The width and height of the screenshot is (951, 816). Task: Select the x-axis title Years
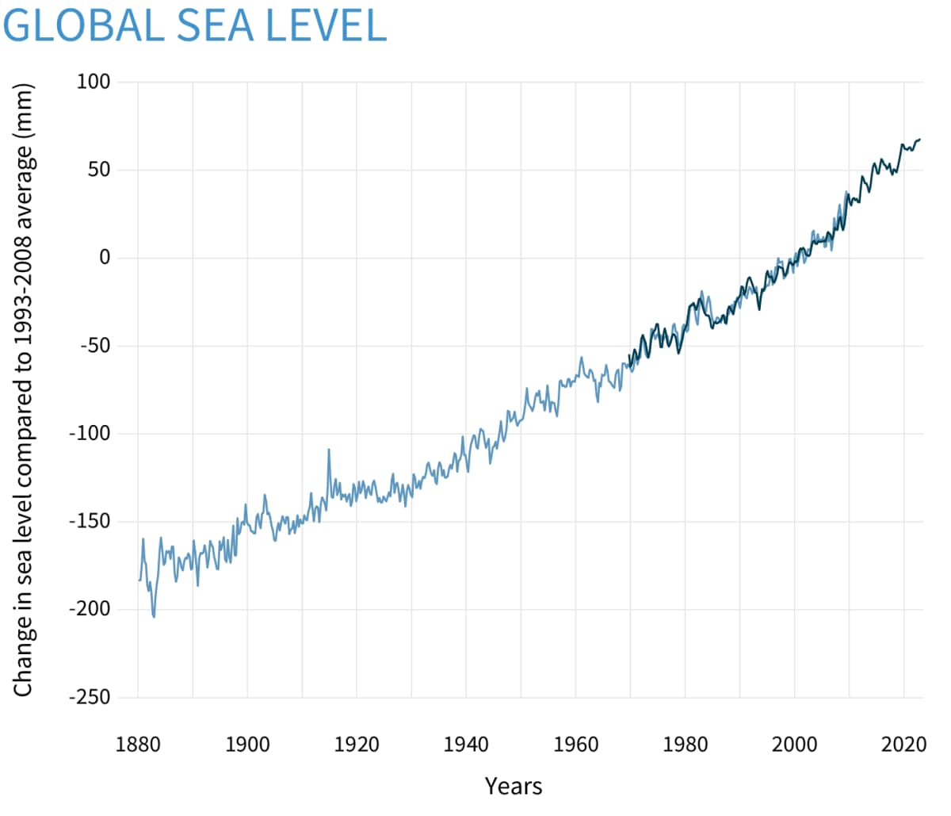[514, 786]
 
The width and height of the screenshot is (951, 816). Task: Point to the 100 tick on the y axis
[93, 82]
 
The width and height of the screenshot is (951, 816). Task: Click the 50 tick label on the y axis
[98, 170]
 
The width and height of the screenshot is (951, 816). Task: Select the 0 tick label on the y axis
[105, 258]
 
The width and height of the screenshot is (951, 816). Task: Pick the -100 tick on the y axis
[89, 434]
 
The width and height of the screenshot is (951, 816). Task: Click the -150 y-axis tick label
[89, 522]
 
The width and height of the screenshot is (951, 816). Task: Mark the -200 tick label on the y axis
[89, 609]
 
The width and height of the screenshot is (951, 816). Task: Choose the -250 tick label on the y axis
[89, 697]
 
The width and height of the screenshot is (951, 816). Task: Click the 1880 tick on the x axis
[138, 744]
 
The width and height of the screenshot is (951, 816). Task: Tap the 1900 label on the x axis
[247, 744]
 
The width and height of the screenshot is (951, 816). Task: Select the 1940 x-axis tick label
[466, 744]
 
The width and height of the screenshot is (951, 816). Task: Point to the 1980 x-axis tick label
[685, 744]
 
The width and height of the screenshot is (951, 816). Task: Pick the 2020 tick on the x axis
[903, 744]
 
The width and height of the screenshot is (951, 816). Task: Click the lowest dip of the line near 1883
[154, 616]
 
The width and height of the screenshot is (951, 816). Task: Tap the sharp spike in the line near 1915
[329, 450]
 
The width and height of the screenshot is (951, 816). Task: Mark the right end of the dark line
[919, 140]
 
